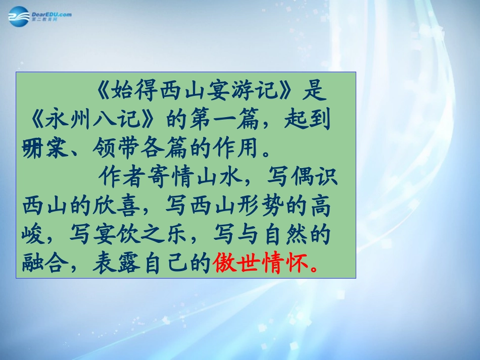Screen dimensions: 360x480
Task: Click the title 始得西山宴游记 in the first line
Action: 197,91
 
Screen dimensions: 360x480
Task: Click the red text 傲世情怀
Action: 260,263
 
